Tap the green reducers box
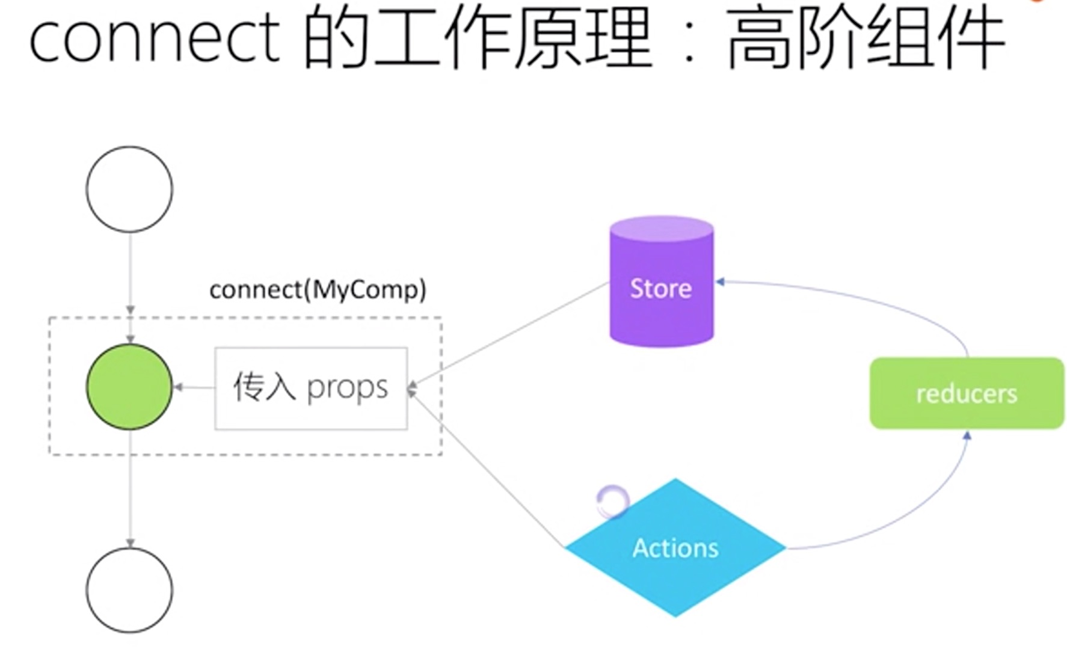[966, 393]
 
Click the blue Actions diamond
[675, 548]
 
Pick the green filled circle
[129, 387]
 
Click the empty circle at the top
[129, 189]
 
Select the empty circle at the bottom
[129, 590]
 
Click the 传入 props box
[311, 388]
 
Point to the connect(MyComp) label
[318, 290]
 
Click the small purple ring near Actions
[612, 501]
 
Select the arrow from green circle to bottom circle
[131, 487]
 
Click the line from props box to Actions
[487, 469]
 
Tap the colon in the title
[690, 45]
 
